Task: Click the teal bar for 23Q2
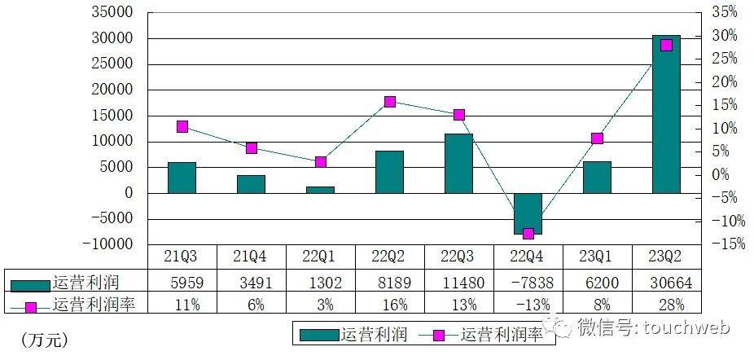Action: tap(666, 114)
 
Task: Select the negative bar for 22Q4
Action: tap(528, 213)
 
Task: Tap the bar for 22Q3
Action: tap(458, 164)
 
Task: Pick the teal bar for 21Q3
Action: tap(182, 178)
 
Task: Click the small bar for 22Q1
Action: tap(320, 190)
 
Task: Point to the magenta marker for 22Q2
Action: tap(389, 102)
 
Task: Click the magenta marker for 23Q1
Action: tap(597, 138)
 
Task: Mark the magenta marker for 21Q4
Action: tap(251, 148)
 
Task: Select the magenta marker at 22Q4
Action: tap(528, 234)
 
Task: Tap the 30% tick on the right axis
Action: tap(724, 36)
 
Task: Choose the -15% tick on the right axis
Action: tap(724, 244)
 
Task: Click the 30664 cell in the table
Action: tap(666, 283)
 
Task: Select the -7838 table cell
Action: tap(528, 283)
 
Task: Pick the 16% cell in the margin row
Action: tap(389, 305)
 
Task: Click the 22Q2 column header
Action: tap(389, 256)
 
